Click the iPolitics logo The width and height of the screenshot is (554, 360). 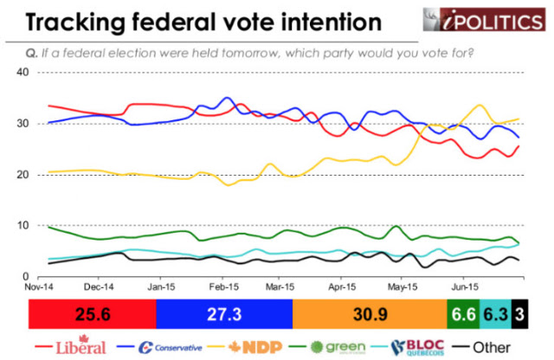point(484,19)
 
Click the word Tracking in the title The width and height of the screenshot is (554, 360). point(75,22)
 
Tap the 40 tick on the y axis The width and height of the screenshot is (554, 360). point(23,73)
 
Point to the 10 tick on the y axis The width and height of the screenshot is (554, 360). point(23,225)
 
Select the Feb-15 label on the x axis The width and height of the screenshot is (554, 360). point(223,286)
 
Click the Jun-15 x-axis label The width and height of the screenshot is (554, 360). point(465,286)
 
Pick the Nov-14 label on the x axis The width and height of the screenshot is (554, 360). point(39,286)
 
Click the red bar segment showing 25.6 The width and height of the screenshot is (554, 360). point(93,314)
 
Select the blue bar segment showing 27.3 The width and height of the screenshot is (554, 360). point(224,314)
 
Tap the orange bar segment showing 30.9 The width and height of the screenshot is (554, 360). point(370,314)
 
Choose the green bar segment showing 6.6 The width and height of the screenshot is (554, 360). point(464,314)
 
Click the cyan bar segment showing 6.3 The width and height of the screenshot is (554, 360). point(496,314)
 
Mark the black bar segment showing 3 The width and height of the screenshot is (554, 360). point(519,314)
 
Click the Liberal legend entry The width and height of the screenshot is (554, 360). point(71,346)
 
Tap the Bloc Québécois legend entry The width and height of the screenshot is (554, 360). point(408,347)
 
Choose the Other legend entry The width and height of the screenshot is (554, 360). point(481,347)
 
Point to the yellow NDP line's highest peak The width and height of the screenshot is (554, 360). point(480,105)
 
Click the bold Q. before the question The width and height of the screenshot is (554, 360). point(31,54)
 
